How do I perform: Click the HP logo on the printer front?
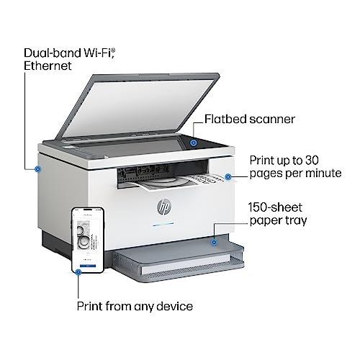(x=164, y=207)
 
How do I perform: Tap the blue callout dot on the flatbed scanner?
(x=194, y=143)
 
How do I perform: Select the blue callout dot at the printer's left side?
(x=37, y=169)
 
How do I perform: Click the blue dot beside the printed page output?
(x=228, y=177)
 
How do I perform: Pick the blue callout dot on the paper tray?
(x=214, y=243)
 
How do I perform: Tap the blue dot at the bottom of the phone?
(x=78, y=272)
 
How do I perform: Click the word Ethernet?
(x=48, y=66)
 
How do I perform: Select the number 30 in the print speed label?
(x=312, y=161)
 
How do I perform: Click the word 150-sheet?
(x=275, y=207)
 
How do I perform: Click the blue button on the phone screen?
(x=88, y=266)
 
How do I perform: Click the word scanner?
(x=272, y=120)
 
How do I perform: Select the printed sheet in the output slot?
(x=178, y=182)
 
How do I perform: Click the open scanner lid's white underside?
(x=138, y=108)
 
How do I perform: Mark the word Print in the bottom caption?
(x=89, y=306)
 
